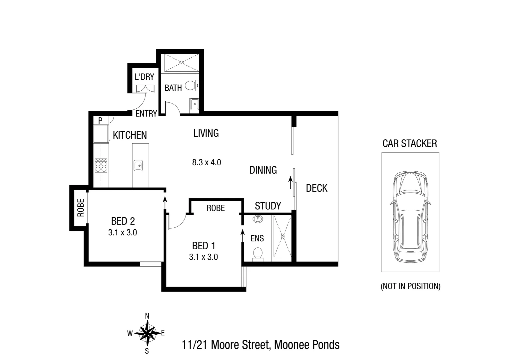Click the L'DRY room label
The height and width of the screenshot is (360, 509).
(x=144, y=77)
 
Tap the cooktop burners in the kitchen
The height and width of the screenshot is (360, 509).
(x=101, y=165)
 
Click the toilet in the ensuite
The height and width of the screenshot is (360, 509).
(x=257, y=253)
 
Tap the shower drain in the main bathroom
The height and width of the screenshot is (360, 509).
(x=182, y=62)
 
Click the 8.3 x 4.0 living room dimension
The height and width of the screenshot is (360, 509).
(x=207, y=163)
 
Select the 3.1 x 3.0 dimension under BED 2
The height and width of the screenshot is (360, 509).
(x=123, y=232)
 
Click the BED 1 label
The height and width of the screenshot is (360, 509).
(x=204, y=246)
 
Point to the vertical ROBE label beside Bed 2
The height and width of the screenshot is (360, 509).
(x=81, y=208)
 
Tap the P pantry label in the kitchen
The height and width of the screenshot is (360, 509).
(x=100, y=120)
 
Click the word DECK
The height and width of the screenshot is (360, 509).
(x=316, y=188)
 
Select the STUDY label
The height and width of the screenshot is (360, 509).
(x=268, y=206)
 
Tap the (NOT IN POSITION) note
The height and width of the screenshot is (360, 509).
(x=410, y=286)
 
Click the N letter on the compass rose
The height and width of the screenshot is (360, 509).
(x=147, y=316)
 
